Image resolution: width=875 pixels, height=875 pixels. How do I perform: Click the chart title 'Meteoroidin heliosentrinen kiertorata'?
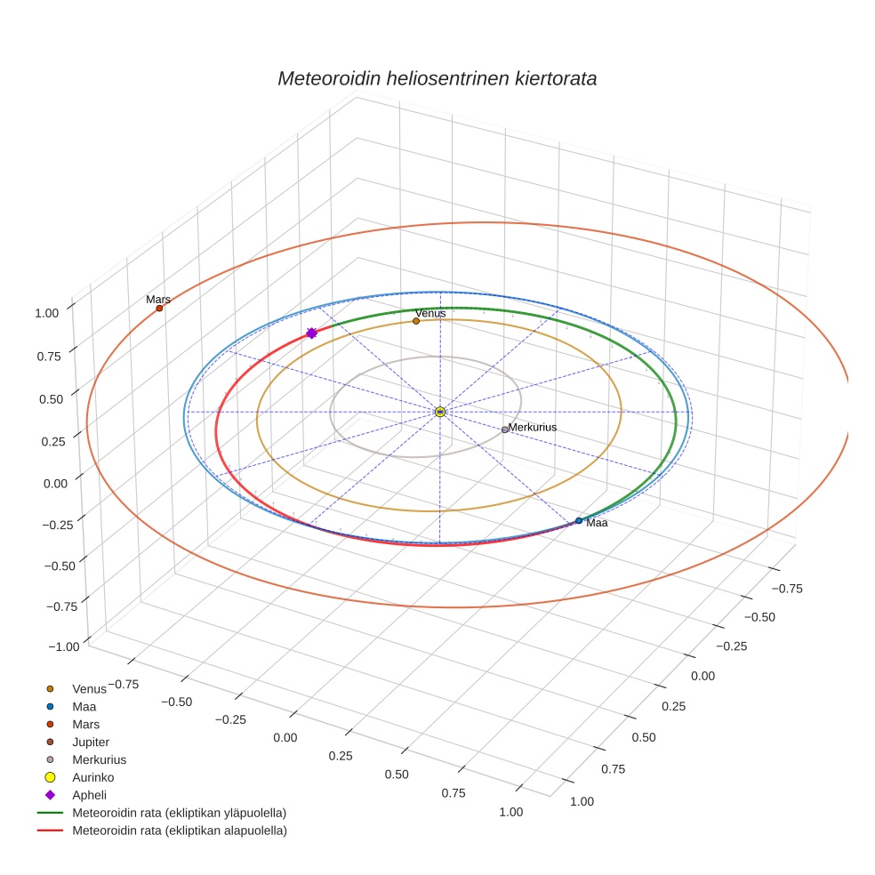(437, 78)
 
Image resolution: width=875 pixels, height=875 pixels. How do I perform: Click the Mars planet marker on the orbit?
(159, 309)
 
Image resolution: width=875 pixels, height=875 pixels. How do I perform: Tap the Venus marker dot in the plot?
(416, 321)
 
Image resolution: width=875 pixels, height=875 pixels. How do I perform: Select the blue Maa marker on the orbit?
(579, 520)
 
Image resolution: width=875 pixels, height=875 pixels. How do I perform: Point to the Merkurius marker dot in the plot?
(505, 429)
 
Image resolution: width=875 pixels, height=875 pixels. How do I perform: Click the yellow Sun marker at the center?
(440, 412)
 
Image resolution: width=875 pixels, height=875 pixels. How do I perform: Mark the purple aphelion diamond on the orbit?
(311, 333)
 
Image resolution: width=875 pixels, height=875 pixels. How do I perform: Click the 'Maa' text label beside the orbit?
(597, 523)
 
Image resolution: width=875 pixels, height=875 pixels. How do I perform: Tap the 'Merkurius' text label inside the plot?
(533, 428)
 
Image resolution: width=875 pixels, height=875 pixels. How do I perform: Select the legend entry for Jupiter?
(91, 742)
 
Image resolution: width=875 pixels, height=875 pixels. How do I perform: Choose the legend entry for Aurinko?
(92, 777)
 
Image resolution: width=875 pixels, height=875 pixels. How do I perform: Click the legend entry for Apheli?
(89, 795)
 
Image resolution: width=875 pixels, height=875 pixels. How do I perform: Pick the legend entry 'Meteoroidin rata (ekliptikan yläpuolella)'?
(179, 813)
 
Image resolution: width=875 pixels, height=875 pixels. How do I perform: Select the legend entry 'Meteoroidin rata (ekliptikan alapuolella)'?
(179, 831)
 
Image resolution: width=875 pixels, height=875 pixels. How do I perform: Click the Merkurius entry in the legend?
(99, 759)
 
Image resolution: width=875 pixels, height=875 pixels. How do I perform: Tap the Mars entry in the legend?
(85, 724)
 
